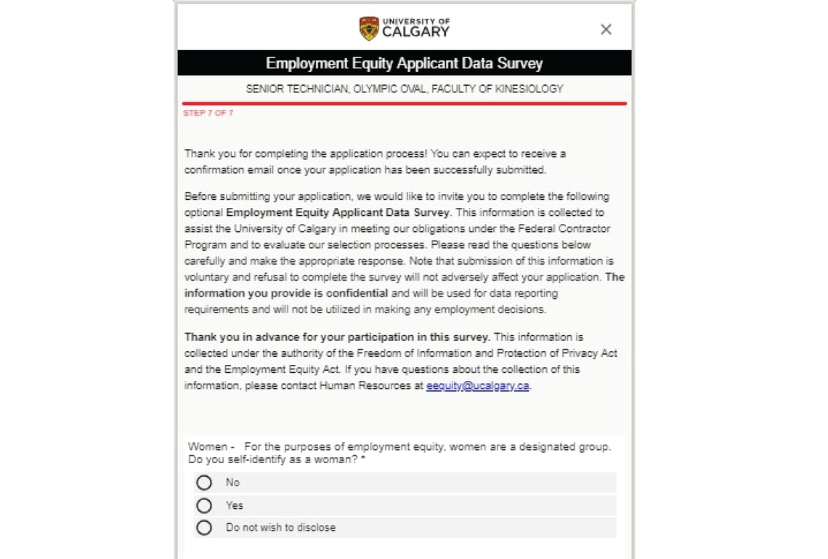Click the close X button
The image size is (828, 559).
[606, 29]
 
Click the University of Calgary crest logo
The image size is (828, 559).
[369, 28]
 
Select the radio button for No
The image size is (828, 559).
[204, 483]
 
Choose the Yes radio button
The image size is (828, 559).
[204, 505]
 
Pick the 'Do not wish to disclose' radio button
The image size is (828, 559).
[204, 528]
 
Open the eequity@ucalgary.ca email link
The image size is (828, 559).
[477, 386]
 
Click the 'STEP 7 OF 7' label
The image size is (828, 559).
[208, 113]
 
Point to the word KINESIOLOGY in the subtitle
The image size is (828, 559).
[529, 89]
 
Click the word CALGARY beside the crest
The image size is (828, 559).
[415, 32]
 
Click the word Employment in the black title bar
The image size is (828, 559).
[307, 63]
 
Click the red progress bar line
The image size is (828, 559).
[404, 104]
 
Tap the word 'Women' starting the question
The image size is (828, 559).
[207, 446]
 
